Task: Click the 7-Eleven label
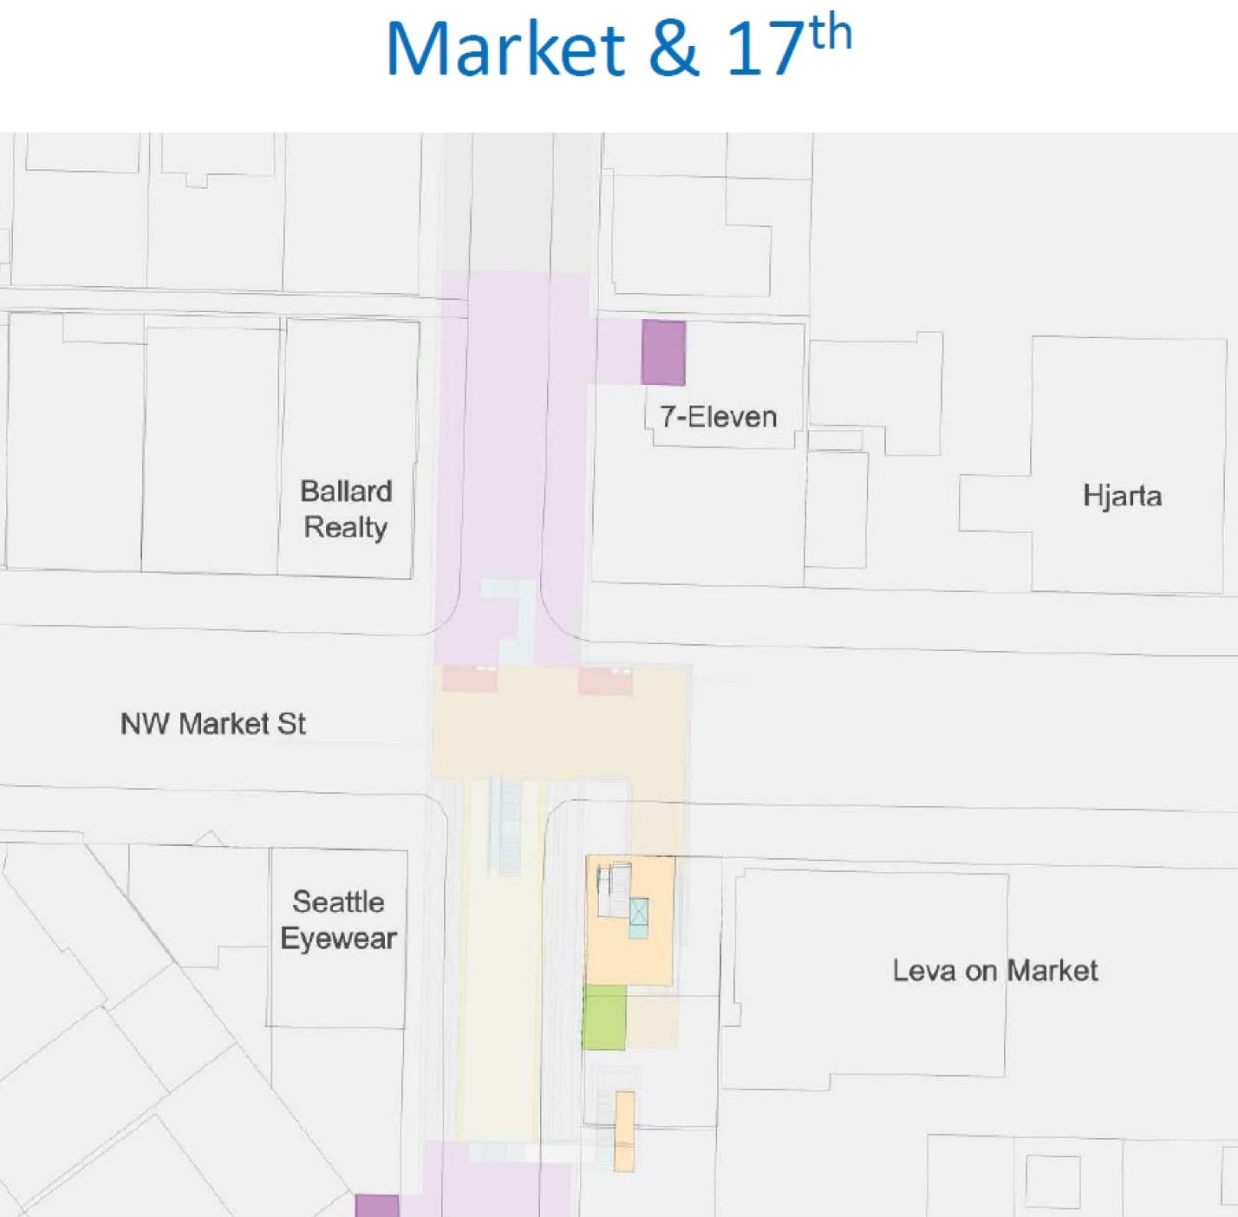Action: point(718,417)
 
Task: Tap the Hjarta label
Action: point(1122,496)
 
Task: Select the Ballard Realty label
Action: point(346,509)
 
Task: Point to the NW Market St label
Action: point(212,724)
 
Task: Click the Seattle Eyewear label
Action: point(338,920)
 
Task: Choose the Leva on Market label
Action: point(995,970)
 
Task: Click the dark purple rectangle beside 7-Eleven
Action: point(663,352)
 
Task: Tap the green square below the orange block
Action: point(604,1017)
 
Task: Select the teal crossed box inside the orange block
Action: point(638,918)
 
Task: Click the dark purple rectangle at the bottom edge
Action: point(377,1206)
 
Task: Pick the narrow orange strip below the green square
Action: point(624,1130)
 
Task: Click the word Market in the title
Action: point(505,49)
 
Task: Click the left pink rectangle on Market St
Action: point(470,679)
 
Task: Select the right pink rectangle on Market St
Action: point(605,680)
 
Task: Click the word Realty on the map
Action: point(346,527)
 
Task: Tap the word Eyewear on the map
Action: point(338,939)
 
